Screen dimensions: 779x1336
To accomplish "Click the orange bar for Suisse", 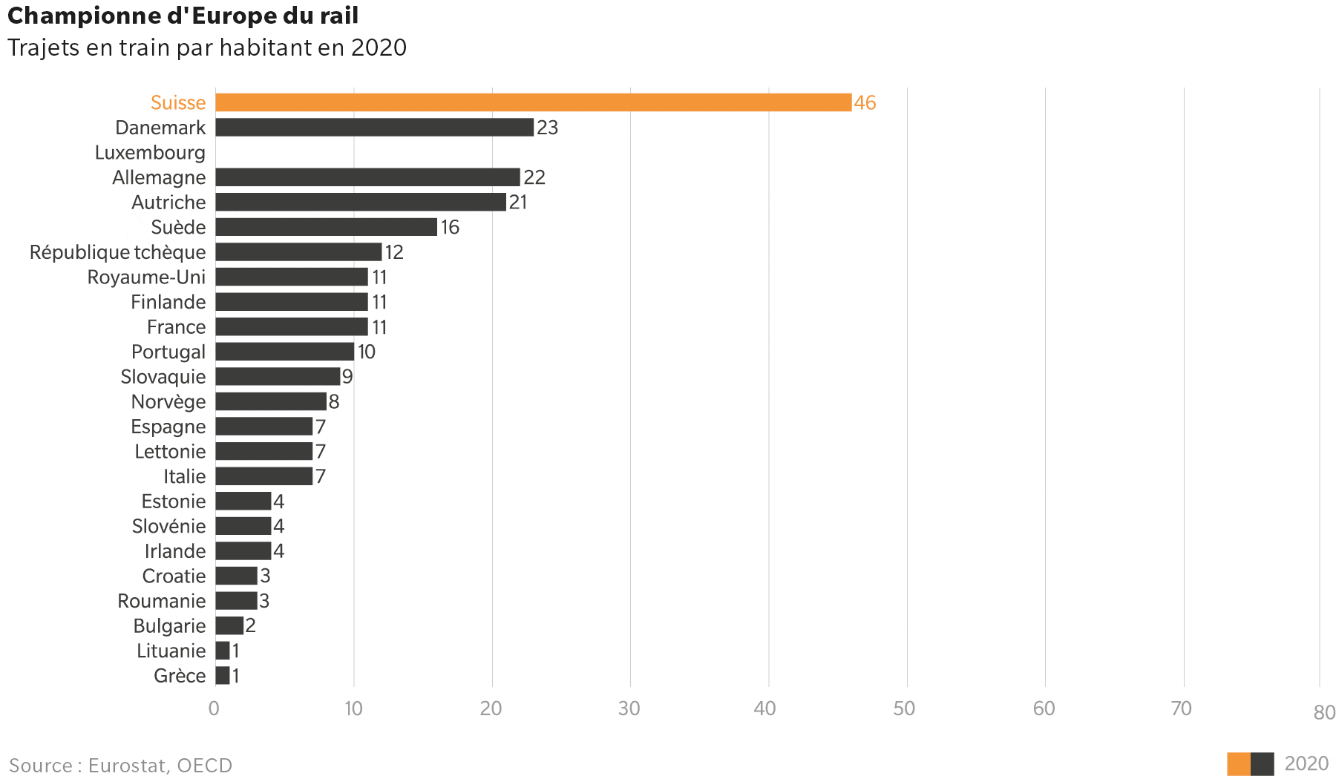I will click(x=533, y=102).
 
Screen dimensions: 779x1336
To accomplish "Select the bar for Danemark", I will click(x=374, y=128).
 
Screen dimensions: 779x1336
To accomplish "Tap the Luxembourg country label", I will click(x=150, y=153).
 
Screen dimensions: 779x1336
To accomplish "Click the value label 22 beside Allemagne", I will click(x=534, y=177).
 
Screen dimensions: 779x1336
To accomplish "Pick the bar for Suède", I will click(x=326, y=227).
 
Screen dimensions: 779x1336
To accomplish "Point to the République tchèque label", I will click(x=117, y=252).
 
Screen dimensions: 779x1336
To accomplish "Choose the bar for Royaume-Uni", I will click(x=292, y=277).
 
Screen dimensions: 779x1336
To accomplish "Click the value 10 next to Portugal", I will click(x=367, y=352).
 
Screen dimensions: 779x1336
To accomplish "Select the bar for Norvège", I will click(x=271, y=401).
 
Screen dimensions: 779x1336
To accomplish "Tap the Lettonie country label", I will click(x=170, y=451).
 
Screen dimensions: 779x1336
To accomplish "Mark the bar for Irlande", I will click(x=243, y=551).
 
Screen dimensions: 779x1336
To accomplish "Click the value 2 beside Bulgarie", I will click(x=251, y=625).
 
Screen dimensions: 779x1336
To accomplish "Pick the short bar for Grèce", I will click(x=223, y=676).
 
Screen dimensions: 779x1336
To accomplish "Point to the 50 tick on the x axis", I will click(x=904, y=709).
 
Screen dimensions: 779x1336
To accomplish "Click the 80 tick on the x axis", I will click(x=1324, y=713).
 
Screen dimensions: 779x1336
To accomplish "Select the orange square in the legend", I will click(x=1238, y=764).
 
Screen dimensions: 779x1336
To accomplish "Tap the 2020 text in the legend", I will click(x=1306, y=764).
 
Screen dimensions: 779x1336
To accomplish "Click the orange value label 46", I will click(x=865, y=102).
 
